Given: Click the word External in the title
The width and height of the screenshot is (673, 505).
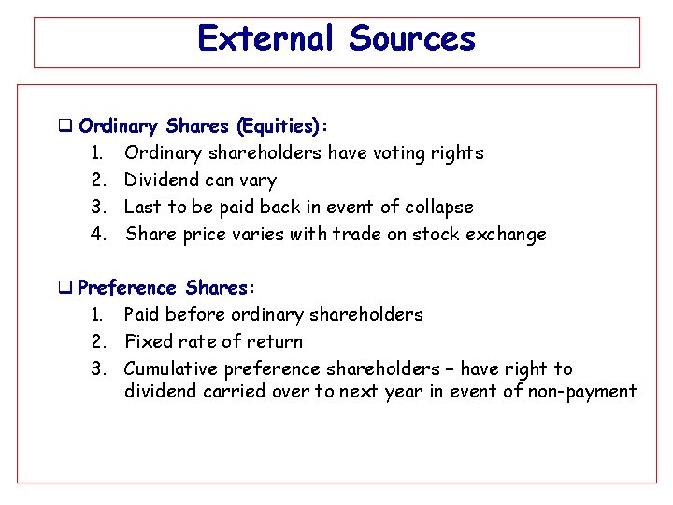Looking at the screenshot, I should pos(265,39).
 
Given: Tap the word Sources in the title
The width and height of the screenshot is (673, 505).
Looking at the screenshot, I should pos(412,39).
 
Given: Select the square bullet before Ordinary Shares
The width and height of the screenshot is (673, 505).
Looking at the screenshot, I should pos(65,125).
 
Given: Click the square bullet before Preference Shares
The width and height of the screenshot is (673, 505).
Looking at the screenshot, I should pos(65,288).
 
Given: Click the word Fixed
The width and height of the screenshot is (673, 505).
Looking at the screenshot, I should pos(150,342).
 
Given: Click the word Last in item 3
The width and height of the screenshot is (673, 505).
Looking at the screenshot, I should pos(144,207).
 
